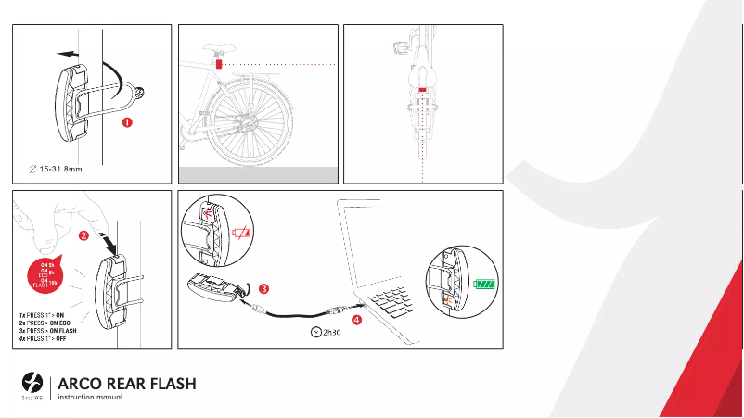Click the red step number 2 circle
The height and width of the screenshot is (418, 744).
click(84, 235)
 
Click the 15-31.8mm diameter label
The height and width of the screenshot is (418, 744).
click(57, 168)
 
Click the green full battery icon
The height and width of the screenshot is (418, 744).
click(485, 284)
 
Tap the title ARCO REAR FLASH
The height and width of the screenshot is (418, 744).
click(126, 384)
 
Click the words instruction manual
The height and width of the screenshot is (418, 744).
click(91, 398)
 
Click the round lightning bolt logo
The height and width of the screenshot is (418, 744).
click(32, 383)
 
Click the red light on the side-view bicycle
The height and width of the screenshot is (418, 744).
click(218, 65)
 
